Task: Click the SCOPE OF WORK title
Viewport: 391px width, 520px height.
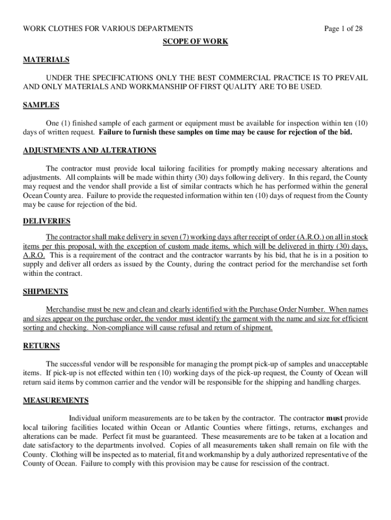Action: (195, 42)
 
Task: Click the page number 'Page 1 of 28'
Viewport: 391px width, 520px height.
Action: (343, 28)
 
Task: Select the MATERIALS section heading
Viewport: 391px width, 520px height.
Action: (46, 60)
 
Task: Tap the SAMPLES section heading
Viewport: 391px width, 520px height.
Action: (41, 105)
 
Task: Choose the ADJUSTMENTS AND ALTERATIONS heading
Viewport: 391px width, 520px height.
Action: (90, 150)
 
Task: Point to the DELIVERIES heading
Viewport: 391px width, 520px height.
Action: (47, 221)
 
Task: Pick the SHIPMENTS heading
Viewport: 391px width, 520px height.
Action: (46, 292)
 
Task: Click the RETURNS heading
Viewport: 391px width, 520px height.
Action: (42, 346)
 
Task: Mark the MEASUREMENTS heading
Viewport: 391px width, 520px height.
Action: (56, 400)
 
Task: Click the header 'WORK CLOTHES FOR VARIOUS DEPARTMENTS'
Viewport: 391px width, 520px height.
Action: (108, 28)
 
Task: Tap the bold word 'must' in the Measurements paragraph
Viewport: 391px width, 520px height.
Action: (334, 418)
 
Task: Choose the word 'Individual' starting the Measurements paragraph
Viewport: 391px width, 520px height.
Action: (86, 418)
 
